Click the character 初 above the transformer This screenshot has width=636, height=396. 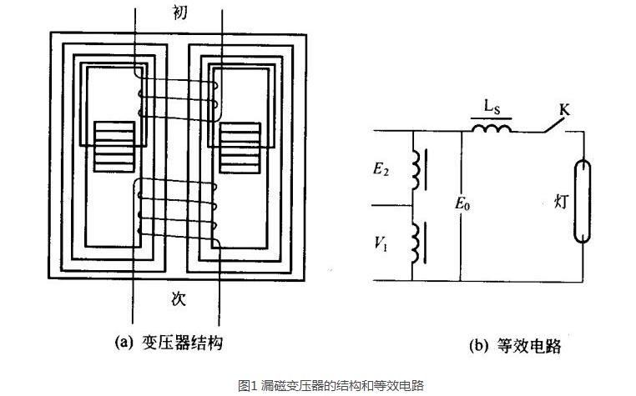click(180, 13)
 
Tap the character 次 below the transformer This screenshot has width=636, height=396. click(179, 298)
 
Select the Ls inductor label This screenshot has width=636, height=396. click(492, 107)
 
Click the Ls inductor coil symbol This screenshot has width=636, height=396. click(492, 128)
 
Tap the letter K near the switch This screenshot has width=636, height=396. click(564, 109)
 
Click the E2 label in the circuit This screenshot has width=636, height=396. click(381, 168)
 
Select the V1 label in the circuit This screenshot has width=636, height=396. click(381, 243)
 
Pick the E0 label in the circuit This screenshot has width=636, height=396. click(462, 203)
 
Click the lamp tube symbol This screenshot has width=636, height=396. click(583, 201)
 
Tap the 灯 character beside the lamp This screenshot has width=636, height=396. click(561, 202)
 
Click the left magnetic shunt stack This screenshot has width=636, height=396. click(114, 147)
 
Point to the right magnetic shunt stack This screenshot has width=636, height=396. click(240, 148)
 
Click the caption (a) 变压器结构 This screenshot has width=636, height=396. click(169, 343)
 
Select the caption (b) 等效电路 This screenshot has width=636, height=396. click(515, 346)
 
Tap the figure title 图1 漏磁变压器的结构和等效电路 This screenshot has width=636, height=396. click(331, 384)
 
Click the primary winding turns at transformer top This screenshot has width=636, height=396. click(178, 98)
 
